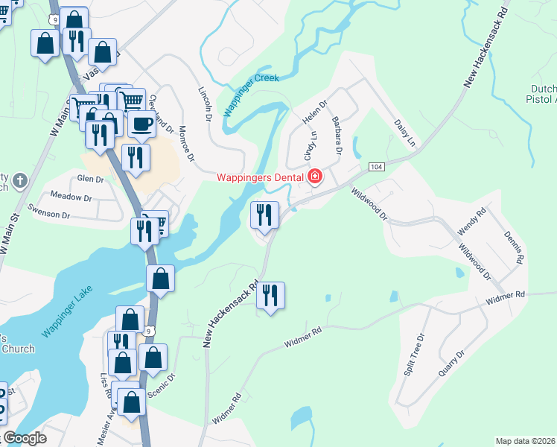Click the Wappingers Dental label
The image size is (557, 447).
coord(260,177)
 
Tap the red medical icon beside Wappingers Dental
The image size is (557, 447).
coord(315,177)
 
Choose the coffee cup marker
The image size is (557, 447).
coord(141,124)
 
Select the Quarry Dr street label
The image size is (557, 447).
coord(451,363)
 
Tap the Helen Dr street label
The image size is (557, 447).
coord(314,113)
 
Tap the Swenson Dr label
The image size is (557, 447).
coord(49,211)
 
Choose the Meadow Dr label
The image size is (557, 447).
coord(71,197)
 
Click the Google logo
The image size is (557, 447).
coord(25,439)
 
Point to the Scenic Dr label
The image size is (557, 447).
coord(162,389)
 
